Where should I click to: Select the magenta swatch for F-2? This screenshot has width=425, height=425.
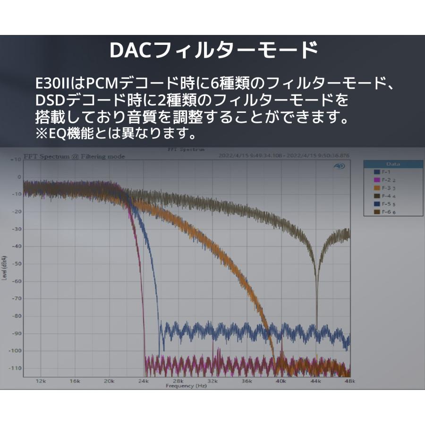(x=376, y=180)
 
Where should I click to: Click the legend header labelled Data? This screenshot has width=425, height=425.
(x=393, y=164)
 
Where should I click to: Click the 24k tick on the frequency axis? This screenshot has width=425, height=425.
(x=144, y=381)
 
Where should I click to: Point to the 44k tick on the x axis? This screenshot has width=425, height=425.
(x=315, y=381)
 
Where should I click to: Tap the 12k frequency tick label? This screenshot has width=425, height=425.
(x=41, y=381)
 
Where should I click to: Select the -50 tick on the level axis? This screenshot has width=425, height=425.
(x=16, y=263)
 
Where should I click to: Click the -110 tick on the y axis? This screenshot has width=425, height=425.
(x=15, y=368)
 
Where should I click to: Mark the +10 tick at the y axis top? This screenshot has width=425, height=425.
(x=16, y=160)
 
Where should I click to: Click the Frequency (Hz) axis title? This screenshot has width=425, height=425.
(x=186, y=386)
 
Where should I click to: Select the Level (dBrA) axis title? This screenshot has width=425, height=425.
(x=4, y=267)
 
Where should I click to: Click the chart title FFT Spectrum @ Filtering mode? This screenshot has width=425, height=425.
(x=74, y=156)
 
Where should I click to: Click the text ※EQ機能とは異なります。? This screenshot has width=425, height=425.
(x=116, y=134)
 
